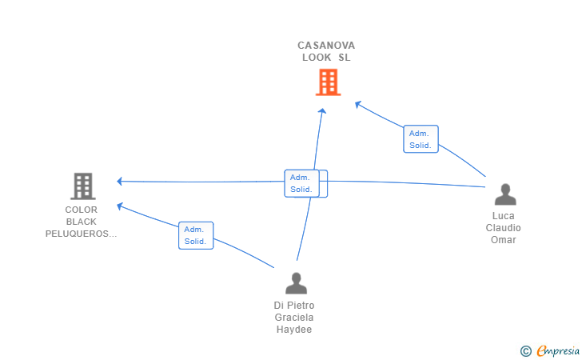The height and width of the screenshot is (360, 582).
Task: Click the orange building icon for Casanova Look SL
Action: [328, 82]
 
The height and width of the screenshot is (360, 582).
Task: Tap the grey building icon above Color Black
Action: [83, 186]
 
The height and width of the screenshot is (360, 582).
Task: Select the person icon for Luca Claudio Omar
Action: [505, 194]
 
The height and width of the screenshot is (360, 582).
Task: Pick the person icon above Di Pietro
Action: [296, 283]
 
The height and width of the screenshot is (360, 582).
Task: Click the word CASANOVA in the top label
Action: [326, 46]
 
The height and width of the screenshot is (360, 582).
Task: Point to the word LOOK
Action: [317, 58]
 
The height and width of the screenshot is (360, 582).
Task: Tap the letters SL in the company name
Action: [344, 58]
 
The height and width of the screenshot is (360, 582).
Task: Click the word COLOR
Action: [82, 210]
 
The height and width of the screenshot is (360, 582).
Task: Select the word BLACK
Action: [82, 222]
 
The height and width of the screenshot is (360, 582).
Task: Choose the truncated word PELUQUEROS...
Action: [81, 234]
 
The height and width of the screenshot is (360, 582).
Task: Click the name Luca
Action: [504, 216]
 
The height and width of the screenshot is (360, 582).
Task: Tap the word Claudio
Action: [504, 228]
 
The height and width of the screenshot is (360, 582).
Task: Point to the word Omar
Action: [504, 240]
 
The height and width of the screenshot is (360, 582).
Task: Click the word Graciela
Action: [294, 318]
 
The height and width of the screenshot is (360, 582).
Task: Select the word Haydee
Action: [294, 329]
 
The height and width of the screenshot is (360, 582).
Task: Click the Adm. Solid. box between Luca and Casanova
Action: [421, 139]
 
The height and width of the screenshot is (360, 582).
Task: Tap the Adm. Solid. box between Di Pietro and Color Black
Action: [196, 235]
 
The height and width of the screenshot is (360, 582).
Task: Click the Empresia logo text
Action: [558, 350]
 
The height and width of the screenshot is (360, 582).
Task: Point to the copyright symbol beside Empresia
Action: [525, 351]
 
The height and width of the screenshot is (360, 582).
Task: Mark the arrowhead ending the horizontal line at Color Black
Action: [119, 182]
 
